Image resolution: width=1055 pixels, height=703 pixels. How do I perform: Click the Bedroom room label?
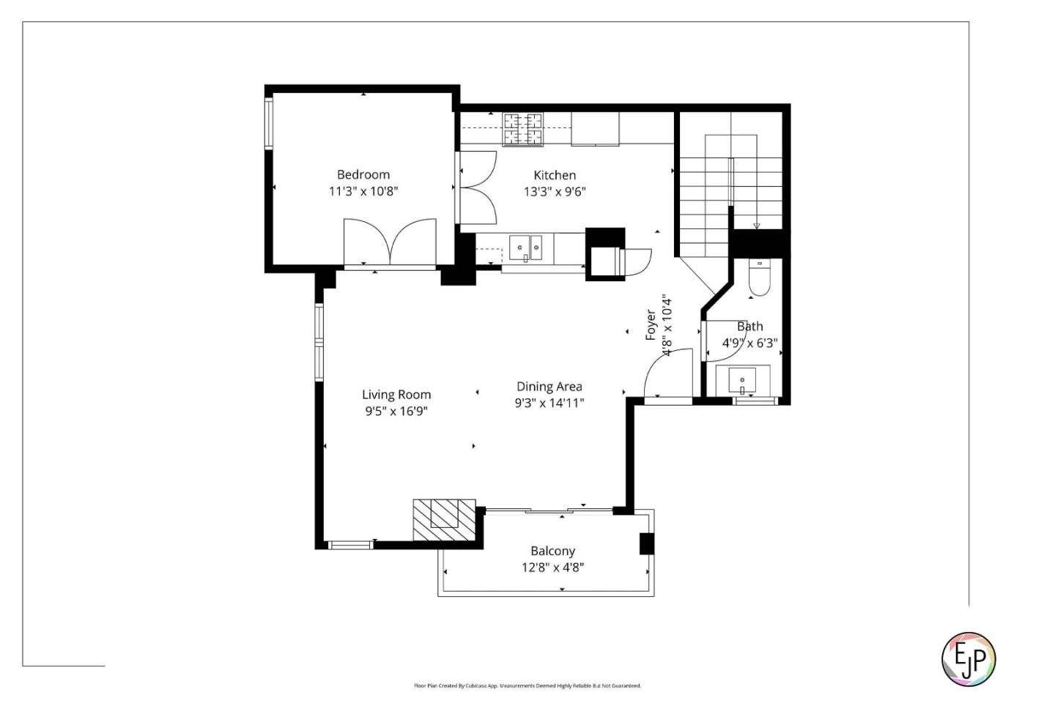click(x=363, y=174)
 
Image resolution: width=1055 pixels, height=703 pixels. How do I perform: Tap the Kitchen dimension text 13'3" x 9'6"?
click(x=554, y=192)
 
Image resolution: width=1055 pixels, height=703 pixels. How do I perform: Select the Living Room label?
click(x=396, y=395)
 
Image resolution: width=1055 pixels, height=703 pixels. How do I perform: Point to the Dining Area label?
click(x=549, y=387)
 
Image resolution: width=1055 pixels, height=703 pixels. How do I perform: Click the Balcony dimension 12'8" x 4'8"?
click(x=552, y=567)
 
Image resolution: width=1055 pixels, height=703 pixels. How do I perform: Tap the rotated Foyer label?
click(x=651, y=324)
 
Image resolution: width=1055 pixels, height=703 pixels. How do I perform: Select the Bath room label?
click(x=749, y=327)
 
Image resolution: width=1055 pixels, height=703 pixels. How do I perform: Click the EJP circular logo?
click(x=968, y=659)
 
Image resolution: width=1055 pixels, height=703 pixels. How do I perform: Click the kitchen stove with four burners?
click(x=522, y=129)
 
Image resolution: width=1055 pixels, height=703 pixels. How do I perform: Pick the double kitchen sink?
click(x=525, y=248)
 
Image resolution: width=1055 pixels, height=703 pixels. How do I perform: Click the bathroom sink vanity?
click(x=742, y=380)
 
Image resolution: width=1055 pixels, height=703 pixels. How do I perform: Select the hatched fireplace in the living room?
click(x=444, y=519)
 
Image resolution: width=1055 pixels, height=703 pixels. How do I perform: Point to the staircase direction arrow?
click(x=757, y=226)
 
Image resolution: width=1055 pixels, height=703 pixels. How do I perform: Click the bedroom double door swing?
click(x=390, y=242)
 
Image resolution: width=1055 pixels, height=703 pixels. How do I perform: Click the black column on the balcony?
click(x=646, y=543)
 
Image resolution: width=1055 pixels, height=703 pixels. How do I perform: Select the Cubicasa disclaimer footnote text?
click(x=527, y=686)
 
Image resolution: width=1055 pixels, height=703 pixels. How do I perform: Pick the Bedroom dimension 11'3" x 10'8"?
click(x=363, y=192)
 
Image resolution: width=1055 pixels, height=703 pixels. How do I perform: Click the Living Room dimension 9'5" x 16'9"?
click(x=396, y=412)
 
